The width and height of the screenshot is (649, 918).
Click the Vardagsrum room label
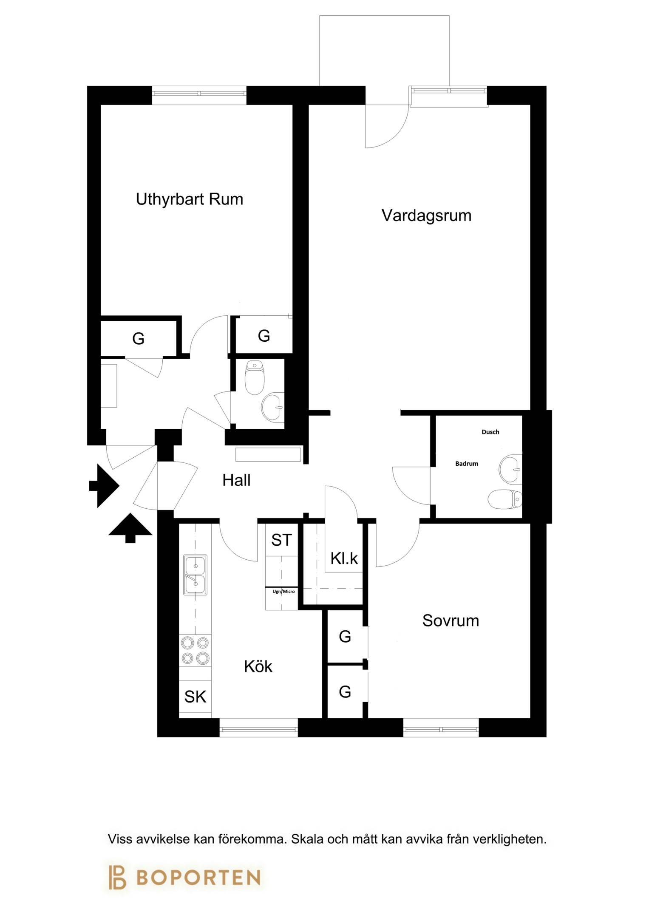coord(426,215)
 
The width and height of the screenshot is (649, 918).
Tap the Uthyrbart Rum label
coord(190,199)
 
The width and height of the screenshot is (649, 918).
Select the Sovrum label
coord(451,621)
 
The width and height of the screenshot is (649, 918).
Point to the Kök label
coord(258,666)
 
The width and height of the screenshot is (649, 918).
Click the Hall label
coord(236,480)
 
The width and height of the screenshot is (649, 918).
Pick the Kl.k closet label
coord(344,558)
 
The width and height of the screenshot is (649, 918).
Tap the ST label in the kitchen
coord(281,540)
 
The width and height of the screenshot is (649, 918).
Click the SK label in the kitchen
coord(195,697)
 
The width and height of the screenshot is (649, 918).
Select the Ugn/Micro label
coord(283,591)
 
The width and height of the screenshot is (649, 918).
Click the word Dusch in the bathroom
coord(490,432)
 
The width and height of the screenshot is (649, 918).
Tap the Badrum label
coord(467,464)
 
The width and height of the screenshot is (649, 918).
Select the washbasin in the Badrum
coord(510,470)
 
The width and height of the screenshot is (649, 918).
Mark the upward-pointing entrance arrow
coord(130,528)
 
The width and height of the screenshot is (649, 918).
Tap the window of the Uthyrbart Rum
coord(199,92)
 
